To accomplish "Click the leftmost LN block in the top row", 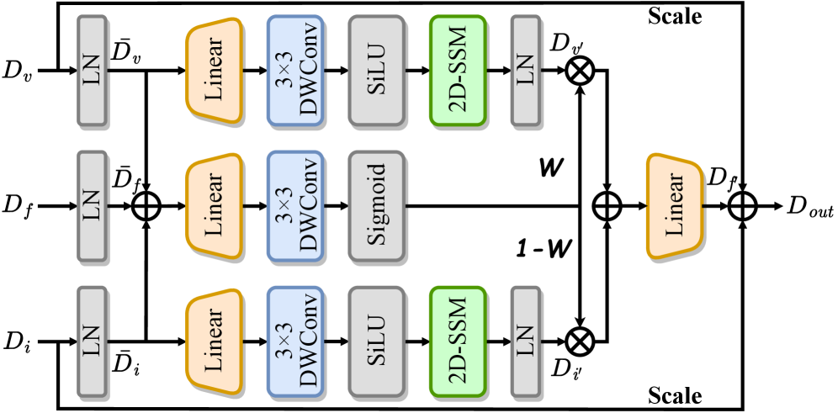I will [92, 71].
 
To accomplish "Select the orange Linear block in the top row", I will [214, 71].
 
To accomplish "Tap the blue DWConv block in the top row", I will [295, 71].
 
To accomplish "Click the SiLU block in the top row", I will [376, 71].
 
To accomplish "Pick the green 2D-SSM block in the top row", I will [458, 71].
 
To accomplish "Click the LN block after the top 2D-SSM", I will [525, 71].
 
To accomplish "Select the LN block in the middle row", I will [92, 205].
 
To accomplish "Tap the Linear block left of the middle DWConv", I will [214, 205].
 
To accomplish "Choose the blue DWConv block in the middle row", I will [295, 205].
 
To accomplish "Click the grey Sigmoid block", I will [376, 205].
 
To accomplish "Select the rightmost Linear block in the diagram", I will [675, 205].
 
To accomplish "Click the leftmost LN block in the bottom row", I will [92, 341].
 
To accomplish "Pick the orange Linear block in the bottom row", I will [214, 341].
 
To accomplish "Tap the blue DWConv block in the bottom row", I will [295, 341].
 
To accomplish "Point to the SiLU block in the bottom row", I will [376, 341].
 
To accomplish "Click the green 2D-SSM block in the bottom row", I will [458, 341].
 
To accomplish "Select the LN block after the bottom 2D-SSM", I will [525, 341].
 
